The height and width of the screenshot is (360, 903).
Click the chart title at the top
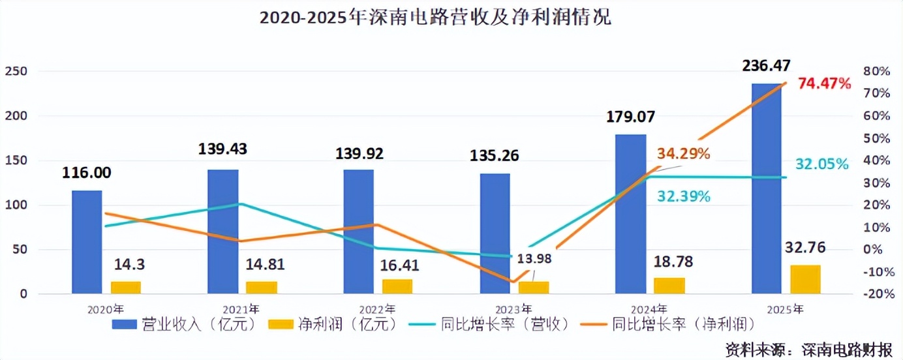435,18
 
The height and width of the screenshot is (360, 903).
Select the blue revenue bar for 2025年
767,188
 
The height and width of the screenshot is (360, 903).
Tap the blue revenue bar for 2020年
87,242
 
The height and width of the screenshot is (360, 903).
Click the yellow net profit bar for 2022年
397,286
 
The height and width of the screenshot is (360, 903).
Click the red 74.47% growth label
825,83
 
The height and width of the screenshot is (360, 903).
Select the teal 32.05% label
821,164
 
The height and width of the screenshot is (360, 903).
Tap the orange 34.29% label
683,154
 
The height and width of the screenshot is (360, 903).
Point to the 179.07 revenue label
630,117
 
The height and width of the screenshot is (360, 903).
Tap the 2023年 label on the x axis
513,308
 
